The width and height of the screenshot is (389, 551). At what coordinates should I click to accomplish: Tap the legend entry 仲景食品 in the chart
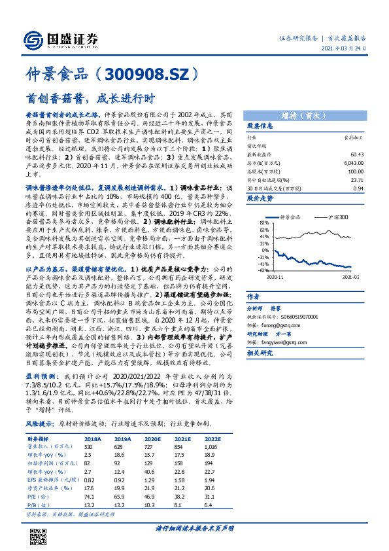[290, 217]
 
